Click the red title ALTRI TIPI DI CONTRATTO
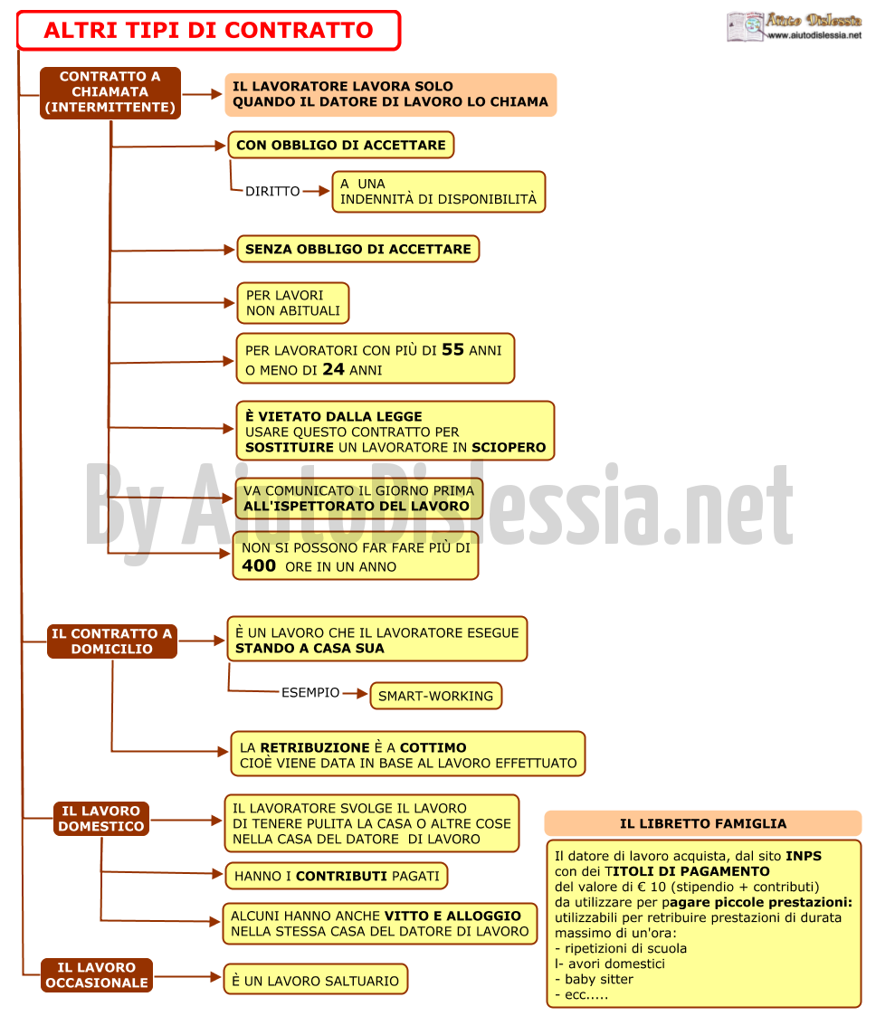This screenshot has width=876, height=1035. coord(209,31)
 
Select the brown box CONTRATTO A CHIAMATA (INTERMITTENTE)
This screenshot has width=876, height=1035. coord(110,92)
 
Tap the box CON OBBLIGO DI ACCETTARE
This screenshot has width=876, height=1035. coord(341,146)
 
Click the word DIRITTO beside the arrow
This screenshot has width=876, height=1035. coord(272,192)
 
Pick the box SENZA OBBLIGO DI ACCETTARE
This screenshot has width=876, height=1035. coord(358,250)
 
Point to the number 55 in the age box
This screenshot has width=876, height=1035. coord(452,350)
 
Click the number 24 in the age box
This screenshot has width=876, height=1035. coord(333,370)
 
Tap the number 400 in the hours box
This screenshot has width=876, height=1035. coord(259,565)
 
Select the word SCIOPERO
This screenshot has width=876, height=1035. coord(509,448)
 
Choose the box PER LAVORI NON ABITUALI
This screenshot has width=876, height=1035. coord(293,304)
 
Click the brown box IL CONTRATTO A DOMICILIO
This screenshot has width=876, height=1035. coord(112,641)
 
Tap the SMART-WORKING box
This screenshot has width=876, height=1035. coord(435,696)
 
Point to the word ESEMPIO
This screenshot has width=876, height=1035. coord(310,692)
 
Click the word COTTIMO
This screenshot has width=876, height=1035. coord(433,748)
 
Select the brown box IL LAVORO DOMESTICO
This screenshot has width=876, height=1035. coord(101,819)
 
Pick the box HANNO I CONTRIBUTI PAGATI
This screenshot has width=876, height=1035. coord(337,876)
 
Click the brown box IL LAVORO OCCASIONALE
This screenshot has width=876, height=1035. coord(97,975)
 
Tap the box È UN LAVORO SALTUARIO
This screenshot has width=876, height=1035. coord(316,981)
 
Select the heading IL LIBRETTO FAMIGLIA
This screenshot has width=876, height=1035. coord(703,824)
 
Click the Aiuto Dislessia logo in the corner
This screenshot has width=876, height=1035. coord(795,27)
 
